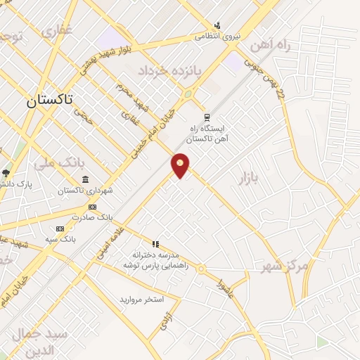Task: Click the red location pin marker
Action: tap(181, 165)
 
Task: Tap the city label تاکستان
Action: tap(50, 101)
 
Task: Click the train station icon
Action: tap(206, 117)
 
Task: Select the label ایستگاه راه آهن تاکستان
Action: tap(211, 134)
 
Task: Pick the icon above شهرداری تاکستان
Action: tap(85, 180)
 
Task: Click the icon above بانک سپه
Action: tap(60, 228)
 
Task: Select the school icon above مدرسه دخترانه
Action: tap(155, 244)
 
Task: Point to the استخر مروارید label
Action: tap(141, 300)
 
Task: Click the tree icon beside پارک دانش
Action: tap(6, 172)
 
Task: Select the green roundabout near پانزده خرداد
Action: tap(188, 94)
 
